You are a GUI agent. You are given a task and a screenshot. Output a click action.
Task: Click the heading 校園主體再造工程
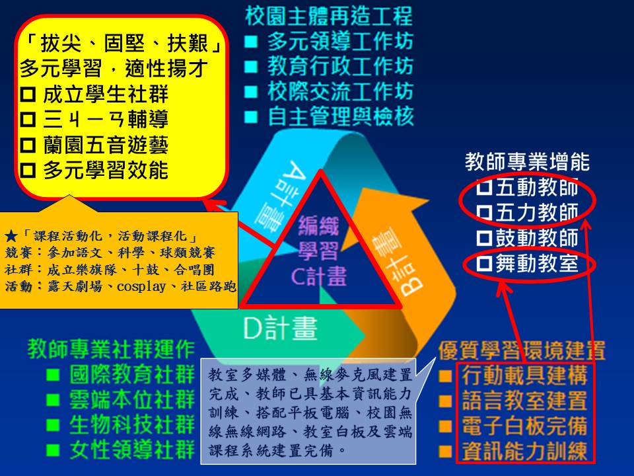pos(329,16)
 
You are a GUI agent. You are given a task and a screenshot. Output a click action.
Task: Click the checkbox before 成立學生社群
pos(28,95)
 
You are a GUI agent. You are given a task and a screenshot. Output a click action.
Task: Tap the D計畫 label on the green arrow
pos(280,328)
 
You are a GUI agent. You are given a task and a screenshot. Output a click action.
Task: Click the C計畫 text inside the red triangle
pos(319,276)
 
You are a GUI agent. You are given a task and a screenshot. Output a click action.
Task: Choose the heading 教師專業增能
pos(527,162)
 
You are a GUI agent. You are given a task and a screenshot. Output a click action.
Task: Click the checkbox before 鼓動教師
pos(484,238)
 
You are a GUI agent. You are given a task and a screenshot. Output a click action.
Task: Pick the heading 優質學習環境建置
pos(522,350)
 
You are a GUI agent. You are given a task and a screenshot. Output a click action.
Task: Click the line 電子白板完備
pos(524,426)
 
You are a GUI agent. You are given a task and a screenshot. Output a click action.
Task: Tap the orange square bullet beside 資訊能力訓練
pos(445,452)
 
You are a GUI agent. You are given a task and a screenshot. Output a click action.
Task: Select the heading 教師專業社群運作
pos(111,349)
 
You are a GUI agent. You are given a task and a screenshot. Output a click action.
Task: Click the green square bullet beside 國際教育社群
pos(53,376)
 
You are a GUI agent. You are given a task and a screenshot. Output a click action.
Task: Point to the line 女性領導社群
pos(132,450)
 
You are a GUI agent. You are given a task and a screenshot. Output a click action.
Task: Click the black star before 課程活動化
pos(11,236)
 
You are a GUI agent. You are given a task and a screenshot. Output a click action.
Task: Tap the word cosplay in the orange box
pos(141,286)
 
